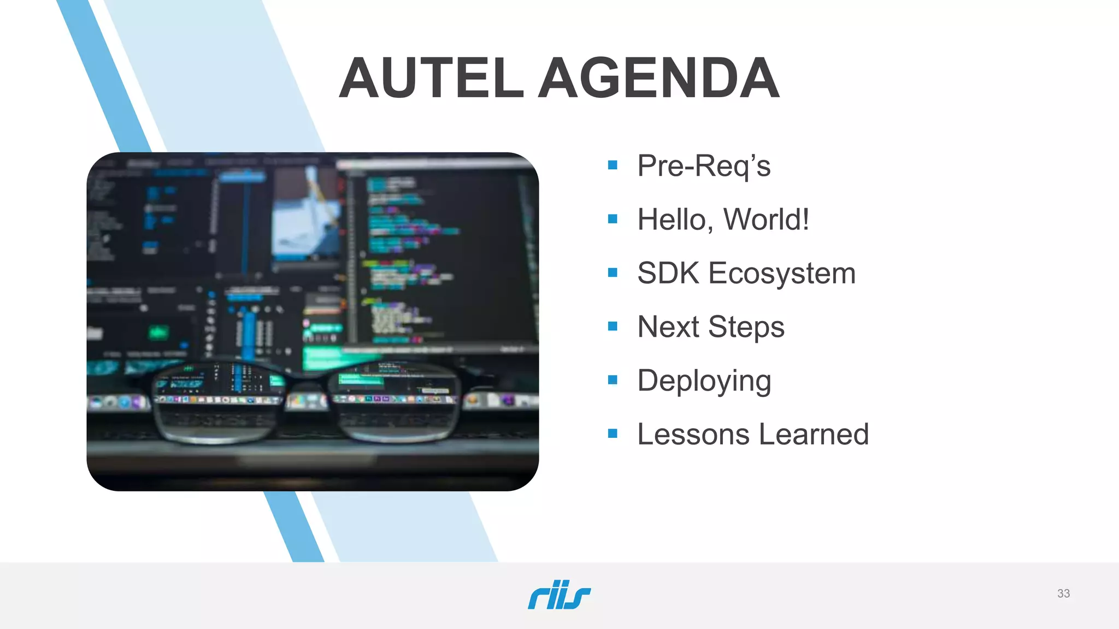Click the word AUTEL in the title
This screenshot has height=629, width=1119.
(432, 79)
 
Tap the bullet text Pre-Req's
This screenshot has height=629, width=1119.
(704, 166)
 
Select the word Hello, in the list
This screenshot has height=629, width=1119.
(675, 220)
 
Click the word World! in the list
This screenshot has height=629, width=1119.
(766, 219)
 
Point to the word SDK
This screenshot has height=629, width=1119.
(668, 273)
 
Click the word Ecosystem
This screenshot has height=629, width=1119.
(782, 274)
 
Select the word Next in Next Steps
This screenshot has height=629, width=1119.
(668, 327)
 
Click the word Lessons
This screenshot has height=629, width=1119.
(693, 435)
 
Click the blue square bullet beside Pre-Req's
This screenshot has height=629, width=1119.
(612, 165)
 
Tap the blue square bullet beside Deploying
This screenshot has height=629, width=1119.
(612, 379)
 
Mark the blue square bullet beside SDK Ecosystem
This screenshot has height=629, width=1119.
(612, 272)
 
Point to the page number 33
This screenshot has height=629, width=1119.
(1063, 594)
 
